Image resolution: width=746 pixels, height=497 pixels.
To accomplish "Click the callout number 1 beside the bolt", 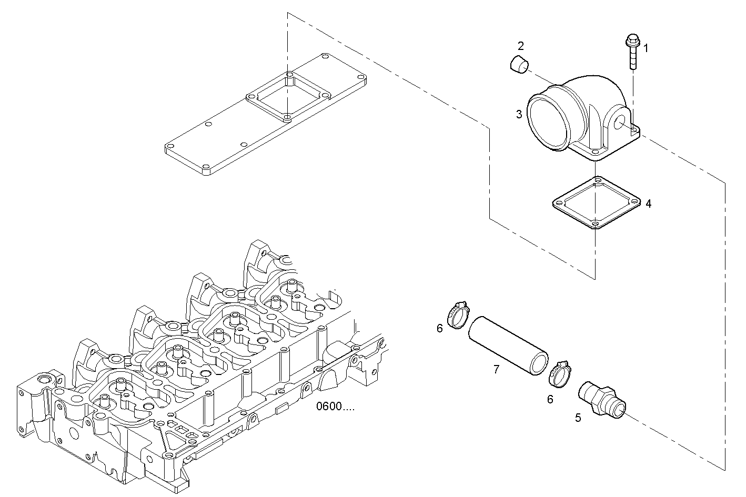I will click(x=646, y=48).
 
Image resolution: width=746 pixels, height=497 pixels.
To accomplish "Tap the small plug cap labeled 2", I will click(x=519, y=65).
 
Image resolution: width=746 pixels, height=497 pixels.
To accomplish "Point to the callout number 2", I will click(x=520, y=45).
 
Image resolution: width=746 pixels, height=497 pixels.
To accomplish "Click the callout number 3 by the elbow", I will click(x=519, y=114).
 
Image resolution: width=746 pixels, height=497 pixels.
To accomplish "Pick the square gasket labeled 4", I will click(x=596, y=204).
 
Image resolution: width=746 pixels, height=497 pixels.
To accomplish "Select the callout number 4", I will click(x=648, y=204).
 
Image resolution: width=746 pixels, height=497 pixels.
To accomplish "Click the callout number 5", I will click(x=578, y=418).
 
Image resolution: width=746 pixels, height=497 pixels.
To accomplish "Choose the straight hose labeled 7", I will click(x=508, y=344).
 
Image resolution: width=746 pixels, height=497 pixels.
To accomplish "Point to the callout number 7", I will click(x=496, y=370).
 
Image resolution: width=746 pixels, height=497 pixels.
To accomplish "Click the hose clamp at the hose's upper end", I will click(x=457, y=314).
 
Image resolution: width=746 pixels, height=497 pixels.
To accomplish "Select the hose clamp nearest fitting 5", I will click(x=559, y=374).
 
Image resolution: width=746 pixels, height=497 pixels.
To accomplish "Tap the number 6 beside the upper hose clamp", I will click(x=440, y=329).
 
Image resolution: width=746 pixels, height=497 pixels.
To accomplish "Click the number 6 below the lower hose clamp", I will click(x=550, y=399).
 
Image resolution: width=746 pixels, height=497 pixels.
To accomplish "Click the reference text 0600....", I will click(x=335, y=407).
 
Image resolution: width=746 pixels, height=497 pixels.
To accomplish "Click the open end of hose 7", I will click(x=539, y=364).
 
